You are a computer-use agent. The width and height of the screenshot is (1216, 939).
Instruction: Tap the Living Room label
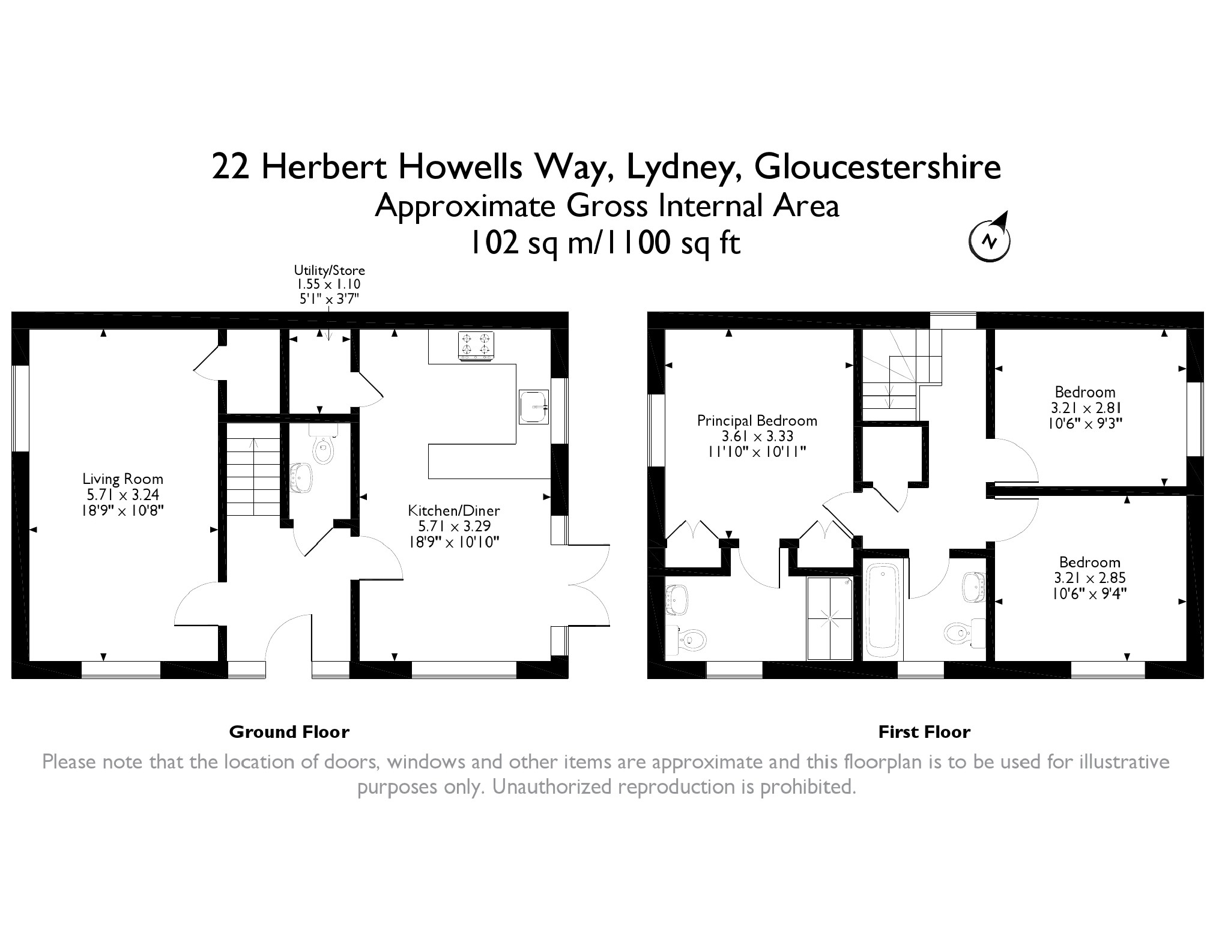pyautogui.click(x=123, y=479)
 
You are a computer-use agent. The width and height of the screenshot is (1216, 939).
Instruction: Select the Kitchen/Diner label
pyautogui.click(x=454, y=511)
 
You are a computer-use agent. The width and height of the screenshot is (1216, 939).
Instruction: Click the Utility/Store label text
pyautogui.click(x=329, y=270)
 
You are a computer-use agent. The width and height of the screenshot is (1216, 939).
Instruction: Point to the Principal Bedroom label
pyautogui.click(x=757, y=421)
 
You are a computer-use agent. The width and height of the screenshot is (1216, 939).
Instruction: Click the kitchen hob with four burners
pyautogui.click(x=476, y=346)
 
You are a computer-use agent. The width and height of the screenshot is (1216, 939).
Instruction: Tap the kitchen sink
pyautogui.click(x=534, y=406)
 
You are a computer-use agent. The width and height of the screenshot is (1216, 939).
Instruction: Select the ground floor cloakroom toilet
pyautogui.click(x=324, y=444)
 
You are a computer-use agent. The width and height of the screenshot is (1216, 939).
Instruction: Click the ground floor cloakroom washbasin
pyautogui.click(x=301, y=478)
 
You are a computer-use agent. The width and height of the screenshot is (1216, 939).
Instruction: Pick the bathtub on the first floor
pyautogui.click(x=882, y=609)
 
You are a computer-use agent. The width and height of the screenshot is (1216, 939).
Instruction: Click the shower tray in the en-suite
pyautogui.click(x=829, y=618)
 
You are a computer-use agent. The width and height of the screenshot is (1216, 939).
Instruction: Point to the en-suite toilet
pyautogui.click(x=686, y=640)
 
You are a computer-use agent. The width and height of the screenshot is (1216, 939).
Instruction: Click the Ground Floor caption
pyautogui.click(x=289, y=732)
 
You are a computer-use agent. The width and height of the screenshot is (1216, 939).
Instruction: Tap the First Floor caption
pyautogui.click(x=924, y=732)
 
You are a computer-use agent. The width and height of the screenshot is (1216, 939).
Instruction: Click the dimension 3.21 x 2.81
pyautogui.click(x=1086, y=408)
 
